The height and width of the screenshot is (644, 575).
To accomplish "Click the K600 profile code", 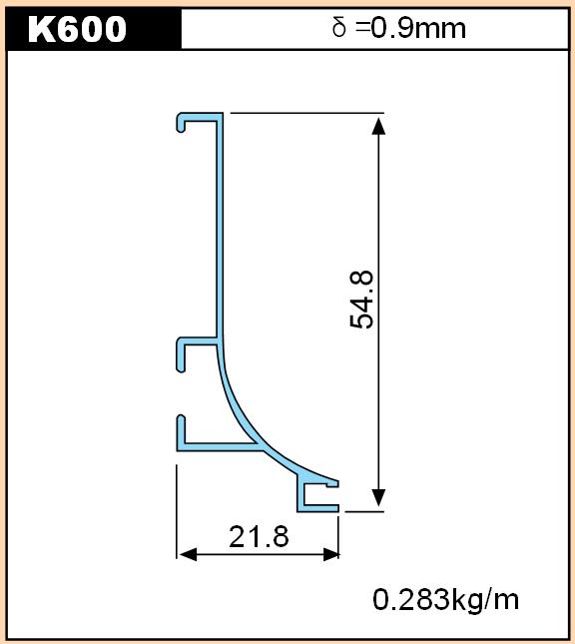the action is [77, 29].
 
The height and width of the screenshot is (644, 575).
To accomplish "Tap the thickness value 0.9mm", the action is [418, 28].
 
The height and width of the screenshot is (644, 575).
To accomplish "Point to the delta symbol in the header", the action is [339, 28].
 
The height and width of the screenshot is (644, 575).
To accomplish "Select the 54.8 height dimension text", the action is [361, 300].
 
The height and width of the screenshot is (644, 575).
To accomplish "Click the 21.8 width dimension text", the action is [259, 536].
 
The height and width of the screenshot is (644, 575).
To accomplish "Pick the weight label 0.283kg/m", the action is [445, 599].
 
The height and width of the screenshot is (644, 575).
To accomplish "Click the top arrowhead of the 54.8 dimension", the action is [378, 125].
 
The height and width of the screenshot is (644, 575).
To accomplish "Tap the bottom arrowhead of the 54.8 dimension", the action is [378, 498].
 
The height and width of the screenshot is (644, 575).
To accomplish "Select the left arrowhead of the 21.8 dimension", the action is [188, 554].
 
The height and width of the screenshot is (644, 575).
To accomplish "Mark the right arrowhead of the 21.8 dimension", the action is [331, 554].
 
